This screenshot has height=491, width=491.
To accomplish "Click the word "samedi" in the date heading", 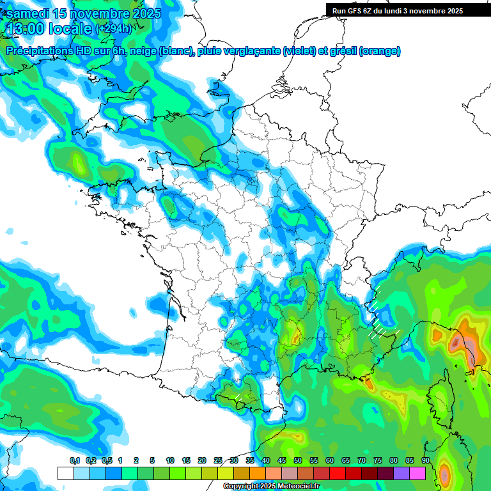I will coord(27,13).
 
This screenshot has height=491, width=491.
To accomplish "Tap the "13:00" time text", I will coord(27,28).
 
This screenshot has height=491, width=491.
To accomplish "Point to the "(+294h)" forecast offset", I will coord(114,29).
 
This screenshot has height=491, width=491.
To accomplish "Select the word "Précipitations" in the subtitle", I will coord(37,51).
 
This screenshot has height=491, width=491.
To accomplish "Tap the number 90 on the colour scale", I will coord(426,460).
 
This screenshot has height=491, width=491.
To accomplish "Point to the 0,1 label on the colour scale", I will coord(75,460).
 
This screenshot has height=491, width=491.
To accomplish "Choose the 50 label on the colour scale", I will coord(298,460).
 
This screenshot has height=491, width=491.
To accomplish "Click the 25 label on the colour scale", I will coord(218,460).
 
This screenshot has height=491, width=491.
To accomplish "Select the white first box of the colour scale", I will coord(65,473).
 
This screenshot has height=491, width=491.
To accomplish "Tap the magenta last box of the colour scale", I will coord(417,473).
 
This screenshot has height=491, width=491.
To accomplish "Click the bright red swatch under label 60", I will coord(338,473).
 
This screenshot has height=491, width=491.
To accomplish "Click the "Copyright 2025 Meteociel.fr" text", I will coord(271,487).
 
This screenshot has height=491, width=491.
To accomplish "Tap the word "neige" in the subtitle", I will coord(143,51).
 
